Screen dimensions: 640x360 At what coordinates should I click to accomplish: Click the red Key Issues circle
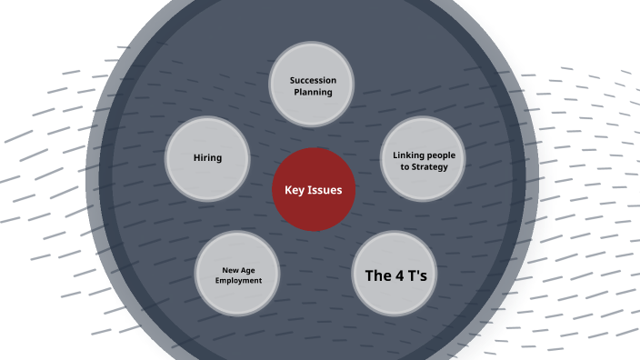point(313,189)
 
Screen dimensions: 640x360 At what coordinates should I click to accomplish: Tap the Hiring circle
point(207,158)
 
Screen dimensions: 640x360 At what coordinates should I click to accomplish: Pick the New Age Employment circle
point(238,275)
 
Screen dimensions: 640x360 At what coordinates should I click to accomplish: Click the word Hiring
point(207,158)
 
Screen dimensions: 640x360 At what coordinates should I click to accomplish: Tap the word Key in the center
point(295,190)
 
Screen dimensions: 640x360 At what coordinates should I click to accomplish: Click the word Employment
point(238,281)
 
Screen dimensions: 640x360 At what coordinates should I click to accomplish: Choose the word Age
point(245,270)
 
